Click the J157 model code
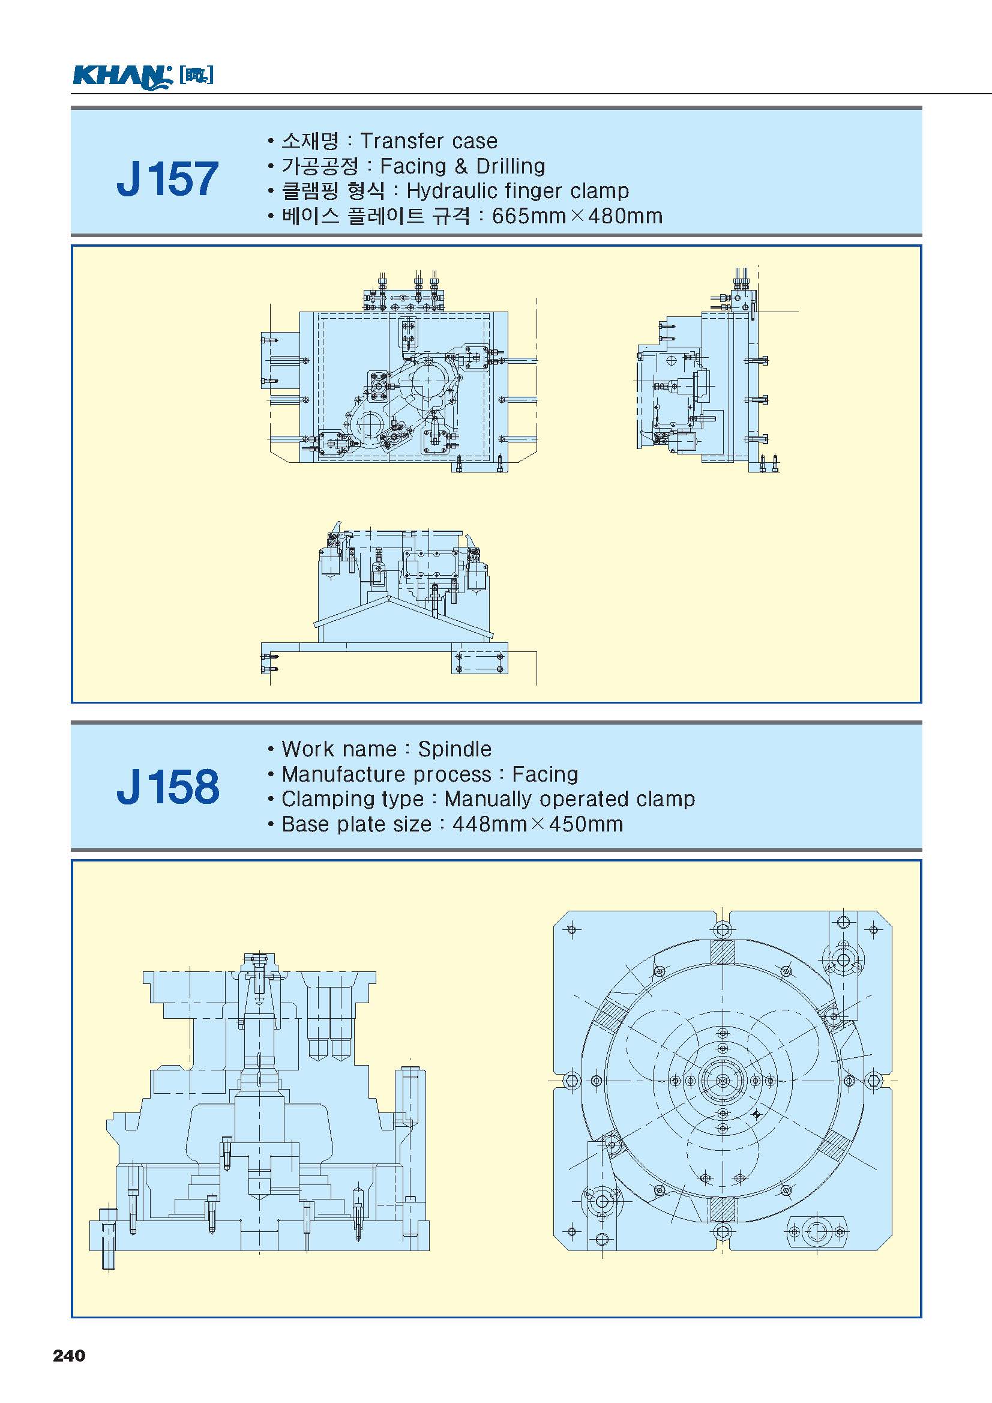167,179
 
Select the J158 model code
167,786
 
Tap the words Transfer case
428,141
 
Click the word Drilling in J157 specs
510,166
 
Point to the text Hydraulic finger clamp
517,192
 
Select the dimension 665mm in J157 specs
528,216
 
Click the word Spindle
454,749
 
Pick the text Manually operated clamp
570,799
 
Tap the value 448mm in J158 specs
488,824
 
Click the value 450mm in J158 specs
585,824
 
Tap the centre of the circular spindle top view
722,1081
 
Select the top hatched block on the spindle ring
722,952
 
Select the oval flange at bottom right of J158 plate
817,1232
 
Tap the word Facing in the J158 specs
544,774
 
